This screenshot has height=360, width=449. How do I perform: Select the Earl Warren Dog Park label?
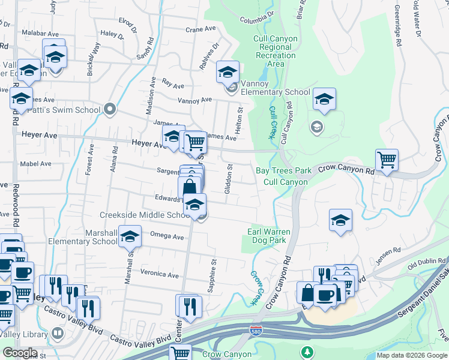point(269,236)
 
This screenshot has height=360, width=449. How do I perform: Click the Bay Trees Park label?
point(284,171)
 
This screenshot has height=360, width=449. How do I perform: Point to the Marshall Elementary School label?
point(89,238)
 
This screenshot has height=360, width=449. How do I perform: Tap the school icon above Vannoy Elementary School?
point(228,73)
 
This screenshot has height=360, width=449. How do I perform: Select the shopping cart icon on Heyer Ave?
point(196,143)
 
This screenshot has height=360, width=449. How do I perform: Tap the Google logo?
point(20,353)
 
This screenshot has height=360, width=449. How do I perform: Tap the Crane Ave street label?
point(200,29)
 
